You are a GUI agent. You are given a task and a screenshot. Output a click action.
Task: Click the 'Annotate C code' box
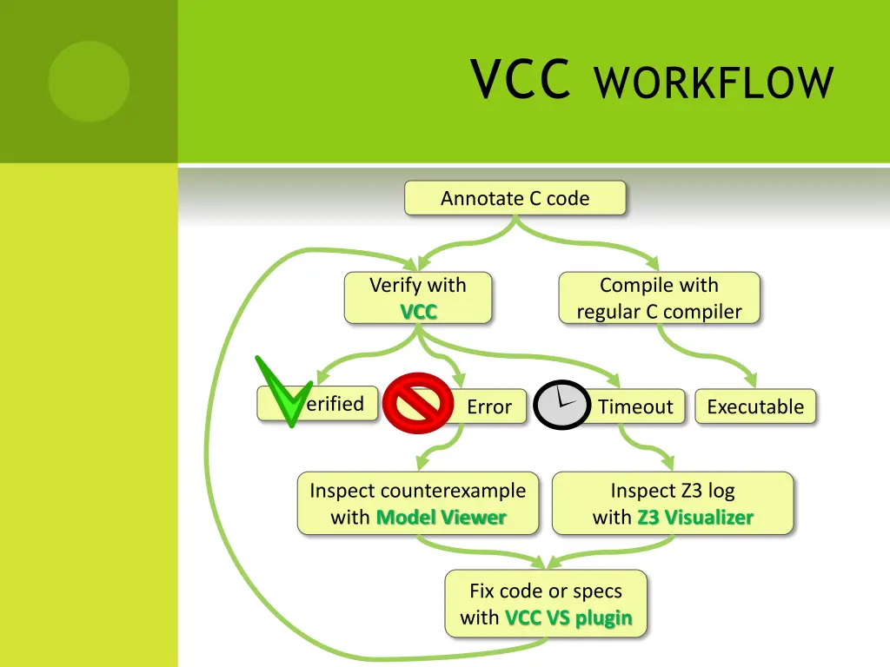pyautogui.click(x=515, y=198)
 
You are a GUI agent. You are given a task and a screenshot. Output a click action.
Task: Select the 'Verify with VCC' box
pyautogui.click(x=418, y=298)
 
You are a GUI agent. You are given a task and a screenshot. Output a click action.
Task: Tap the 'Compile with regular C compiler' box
pyautogui.click(x=659, y=298)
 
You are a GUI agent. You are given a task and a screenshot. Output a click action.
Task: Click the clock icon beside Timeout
pyautogui.click(x=562, y=405)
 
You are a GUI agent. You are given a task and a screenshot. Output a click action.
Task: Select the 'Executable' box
pyautogui.click(x=755, y=406)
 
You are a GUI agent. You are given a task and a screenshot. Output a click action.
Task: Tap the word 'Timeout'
pyautogui.click(x=635, y=406)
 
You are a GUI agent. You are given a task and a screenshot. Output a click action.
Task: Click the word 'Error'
pyautogui.click(x=489, y=406)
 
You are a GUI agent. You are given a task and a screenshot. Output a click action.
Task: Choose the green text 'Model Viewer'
pyautogui.click(x=441, y=518)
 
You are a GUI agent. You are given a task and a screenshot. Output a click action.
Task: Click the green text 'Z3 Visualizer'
pyautogui.click(x=694, y=518)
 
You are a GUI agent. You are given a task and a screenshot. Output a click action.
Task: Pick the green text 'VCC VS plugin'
pyautogui.click(x=568, y=618)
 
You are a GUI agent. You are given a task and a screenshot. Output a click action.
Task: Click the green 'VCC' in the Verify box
pyautogui.click(x=418, y=312)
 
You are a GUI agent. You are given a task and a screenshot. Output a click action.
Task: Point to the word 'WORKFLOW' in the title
pyautogui.click(x=714, y=83)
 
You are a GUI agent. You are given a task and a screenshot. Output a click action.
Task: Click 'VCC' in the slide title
pyautogui.click(x=520, y=80)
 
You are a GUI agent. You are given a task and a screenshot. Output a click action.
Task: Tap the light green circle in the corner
pyautogui.click(x=89, y=82)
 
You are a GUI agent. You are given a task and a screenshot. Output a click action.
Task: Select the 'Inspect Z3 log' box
pyautogui.click(x=673, y=503)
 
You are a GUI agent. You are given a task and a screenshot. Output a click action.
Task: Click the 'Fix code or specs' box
pyautogui.click(x=546, y=604)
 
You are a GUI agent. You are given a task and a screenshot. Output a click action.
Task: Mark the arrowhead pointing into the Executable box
pyautogui.click(x=752, y=382)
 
